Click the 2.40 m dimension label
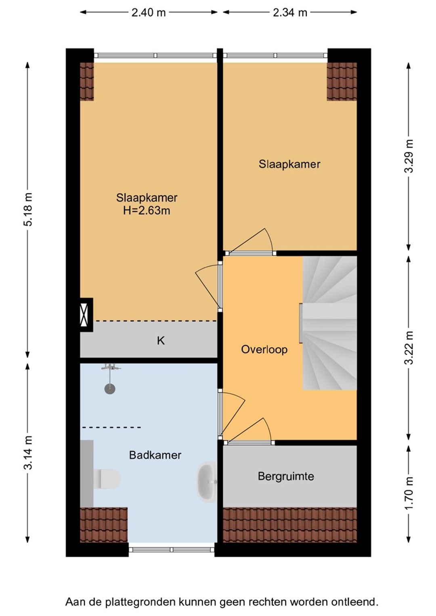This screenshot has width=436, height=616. pos(149,13)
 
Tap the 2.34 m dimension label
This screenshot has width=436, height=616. pos(290,13)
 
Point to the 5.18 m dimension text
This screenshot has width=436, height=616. pos(28,209)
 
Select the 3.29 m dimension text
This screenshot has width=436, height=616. pos(409,156)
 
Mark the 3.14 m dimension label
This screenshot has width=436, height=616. pos(28,453)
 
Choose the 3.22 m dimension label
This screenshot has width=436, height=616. pos(409,348)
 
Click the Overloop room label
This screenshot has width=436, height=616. pos(264,349)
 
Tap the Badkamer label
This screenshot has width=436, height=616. pos(155,455)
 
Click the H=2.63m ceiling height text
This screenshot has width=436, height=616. pos(147,211)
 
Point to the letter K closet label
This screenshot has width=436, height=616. pos(161,341)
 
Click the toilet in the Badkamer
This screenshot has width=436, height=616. pos(107,479)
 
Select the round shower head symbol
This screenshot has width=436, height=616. pos(109,389)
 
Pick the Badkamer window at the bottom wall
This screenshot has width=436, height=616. pos(172,549)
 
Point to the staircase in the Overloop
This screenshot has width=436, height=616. pos(329,323)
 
